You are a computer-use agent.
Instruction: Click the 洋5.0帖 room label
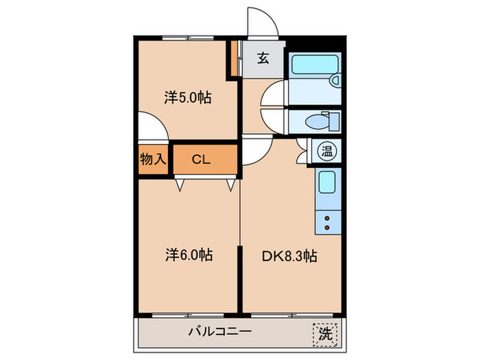coord(187,97)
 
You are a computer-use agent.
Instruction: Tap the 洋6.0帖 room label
coord(188,255)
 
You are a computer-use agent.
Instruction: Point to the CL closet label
coord(200,160)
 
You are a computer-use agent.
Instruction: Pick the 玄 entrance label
coord(263,58)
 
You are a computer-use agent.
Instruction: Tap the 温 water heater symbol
coord(324,149)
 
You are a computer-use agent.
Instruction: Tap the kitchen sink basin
coord(326,183)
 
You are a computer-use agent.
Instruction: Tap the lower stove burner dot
coord(326,227)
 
